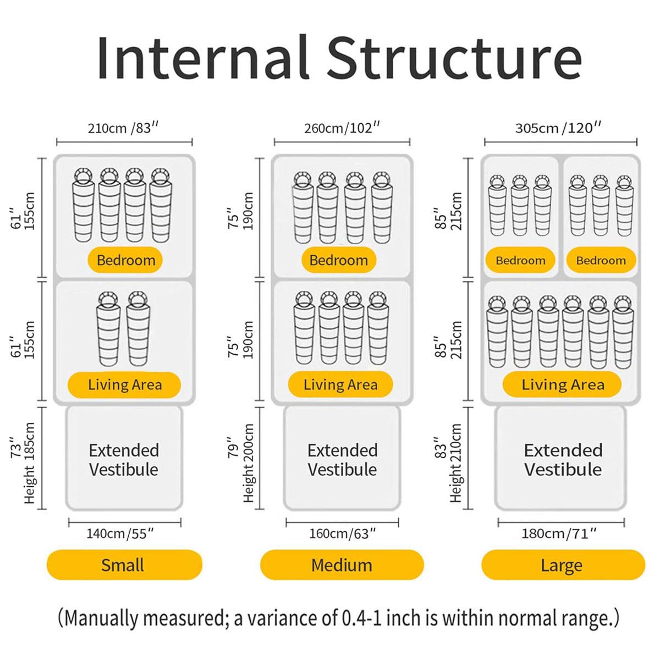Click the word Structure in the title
[454, 57]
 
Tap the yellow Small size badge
[124, 565]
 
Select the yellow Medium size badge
[342, 565]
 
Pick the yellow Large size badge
[563, 565]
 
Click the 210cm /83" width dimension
[123, 129]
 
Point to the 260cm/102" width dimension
[342, 129]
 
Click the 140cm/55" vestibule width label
[120, 533]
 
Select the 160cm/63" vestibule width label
[343, 533]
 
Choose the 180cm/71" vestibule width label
[559, 533]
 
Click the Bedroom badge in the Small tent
[125, 260]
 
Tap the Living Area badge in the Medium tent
[340, 384]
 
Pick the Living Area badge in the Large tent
[562, 384]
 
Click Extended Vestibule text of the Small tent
[124, 460]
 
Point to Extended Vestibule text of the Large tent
[563, 460]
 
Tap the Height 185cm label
[30, 463]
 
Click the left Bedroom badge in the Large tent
[520, 260]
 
